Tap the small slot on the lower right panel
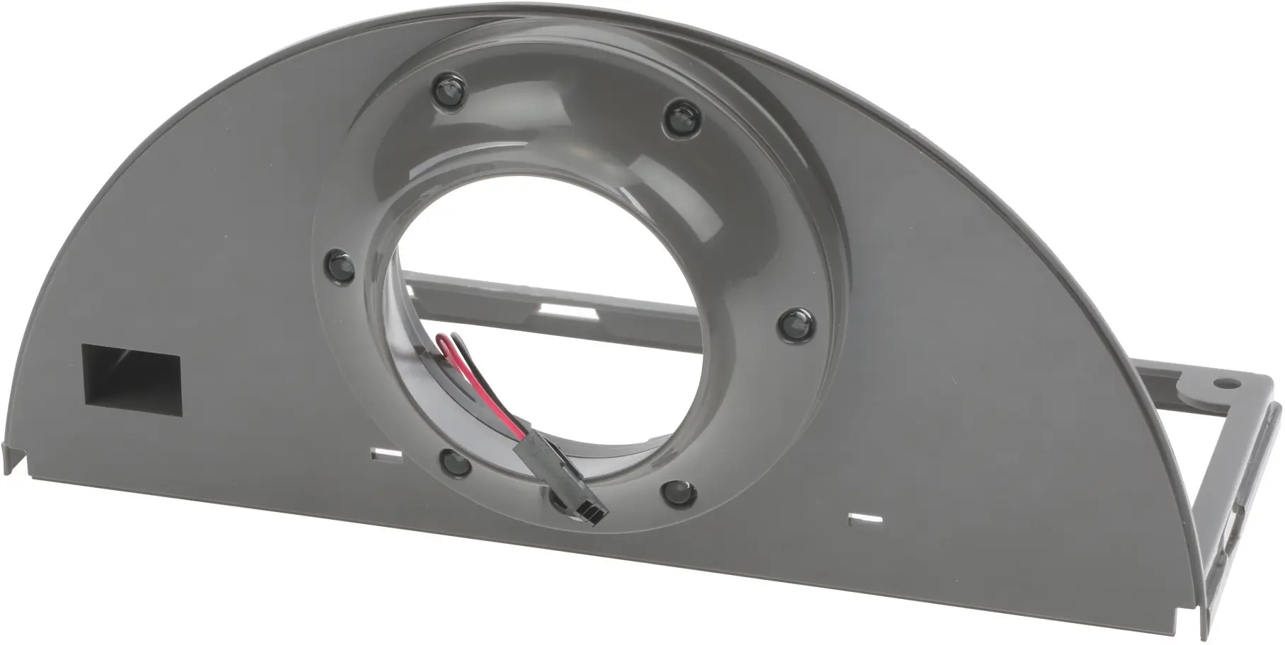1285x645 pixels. pyautogui.click(x=864, y=518)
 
